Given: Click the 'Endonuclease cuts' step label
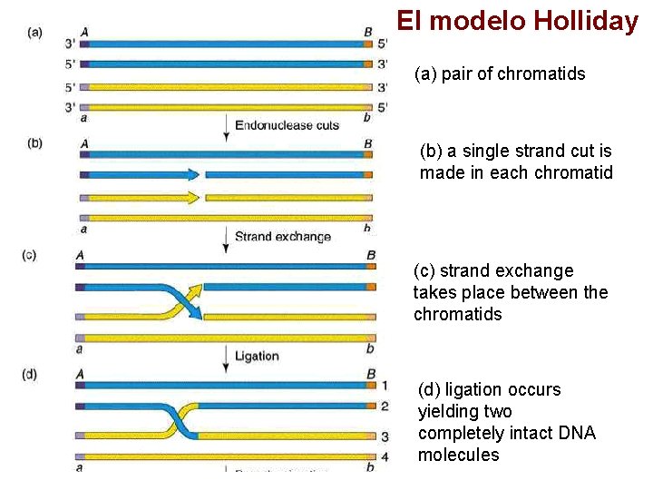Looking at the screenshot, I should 287,125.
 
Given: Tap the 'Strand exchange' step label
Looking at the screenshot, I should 282,237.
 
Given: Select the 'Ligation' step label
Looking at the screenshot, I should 257,356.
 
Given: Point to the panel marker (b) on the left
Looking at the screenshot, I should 35,142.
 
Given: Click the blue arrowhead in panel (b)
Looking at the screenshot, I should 190,175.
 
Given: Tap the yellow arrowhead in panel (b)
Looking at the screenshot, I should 190,197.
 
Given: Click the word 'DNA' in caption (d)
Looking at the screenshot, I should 574,434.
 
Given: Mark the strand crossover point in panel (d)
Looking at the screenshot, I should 180,421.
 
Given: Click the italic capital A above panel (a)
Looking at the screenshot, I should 83,33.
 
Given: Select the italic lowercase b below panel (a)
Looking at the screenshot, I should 366,118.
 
